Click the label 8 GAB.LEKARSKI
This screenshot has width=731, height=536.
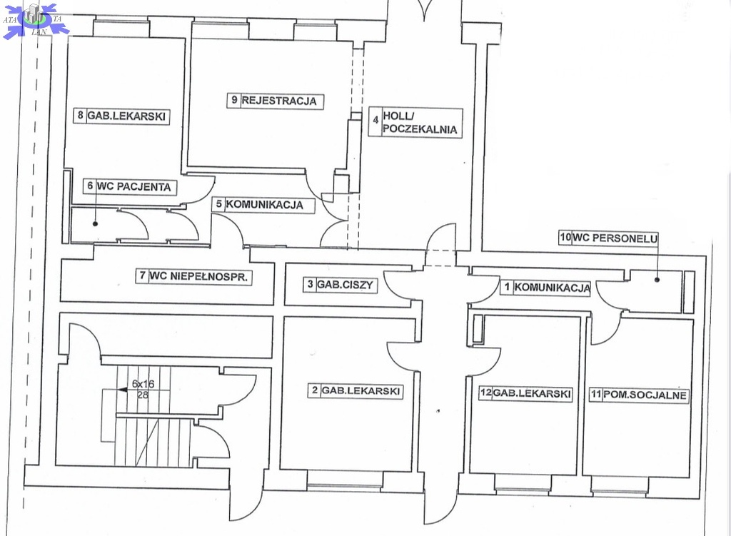tap(123, 116)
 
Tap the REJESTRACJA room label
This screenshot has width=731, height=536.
tap(281, 101)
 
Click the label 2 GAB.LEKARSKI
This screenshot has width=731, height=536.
tap(355, 390)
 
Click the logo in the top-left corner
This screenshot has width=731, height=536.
tap(34, 19)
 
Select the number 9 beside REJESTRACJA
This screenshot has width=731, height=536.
tap(233, 101)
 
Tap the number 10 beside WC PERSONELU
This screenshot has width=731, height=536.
tap(564, 239)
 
